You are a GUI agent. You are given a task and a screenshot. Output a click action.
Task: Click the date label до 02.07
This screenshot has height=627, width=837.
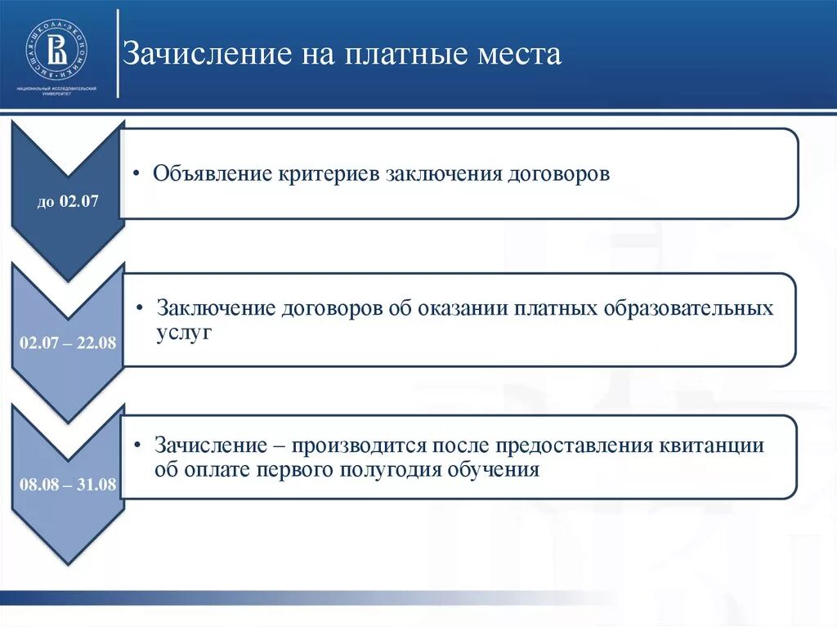(x=68, y=201)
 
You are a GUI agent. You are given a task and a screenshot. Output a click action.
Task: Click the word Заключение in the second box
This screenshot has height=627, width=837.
(x=217, y=310)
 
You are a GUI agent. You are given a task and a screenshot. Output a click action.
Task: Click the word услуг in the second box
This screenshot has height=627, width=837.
(x=184, y=332)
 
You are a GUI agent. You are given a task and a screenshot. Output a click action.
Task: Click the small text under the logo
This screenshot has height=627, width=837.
(x=57, y=91)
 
